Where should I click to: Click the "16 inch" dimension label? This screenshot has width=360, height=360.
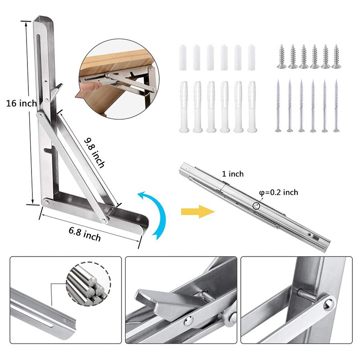click(x=21, y=103)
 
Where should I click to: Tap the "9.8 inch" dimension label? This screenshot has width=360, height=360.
click(x=94, y=153)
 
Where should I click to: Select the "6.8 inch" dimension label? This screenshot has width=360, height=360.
click(x=85, y=234)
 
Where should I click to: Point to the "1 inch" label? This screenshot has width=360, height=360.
click(x=233, y=174)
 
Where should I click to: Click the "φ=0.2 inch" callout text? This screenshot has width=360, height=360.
click(x=279, y=192)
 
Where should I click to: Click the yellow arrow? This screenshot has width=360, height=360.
click(x=198, y=211)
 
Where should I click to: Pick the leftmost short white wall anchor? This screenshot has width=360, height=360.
click(x=183, y=58)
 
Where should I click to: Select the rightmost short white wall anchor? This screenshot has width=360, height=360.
click(x=252, y=58)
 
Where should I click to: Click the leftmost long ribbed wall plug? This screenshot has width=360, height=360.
click(x=184, y=107)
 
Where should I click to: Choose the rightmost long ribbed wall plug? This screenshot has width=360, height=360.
click(x=252, y=107)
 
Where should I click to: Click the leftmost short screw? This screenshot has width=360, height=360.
click(x=282, y=57)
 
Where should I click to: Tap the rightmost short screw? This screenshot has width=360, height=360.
click(x=336, y=57)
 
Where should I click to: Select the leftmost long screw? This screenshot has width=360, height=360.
click(x=278, y=106)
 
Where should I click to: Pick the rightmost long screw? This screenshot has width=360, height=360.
click(x=336, y=106)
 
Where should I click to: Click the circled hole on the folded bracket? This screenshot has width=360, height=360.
click(x=256, y=206)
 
